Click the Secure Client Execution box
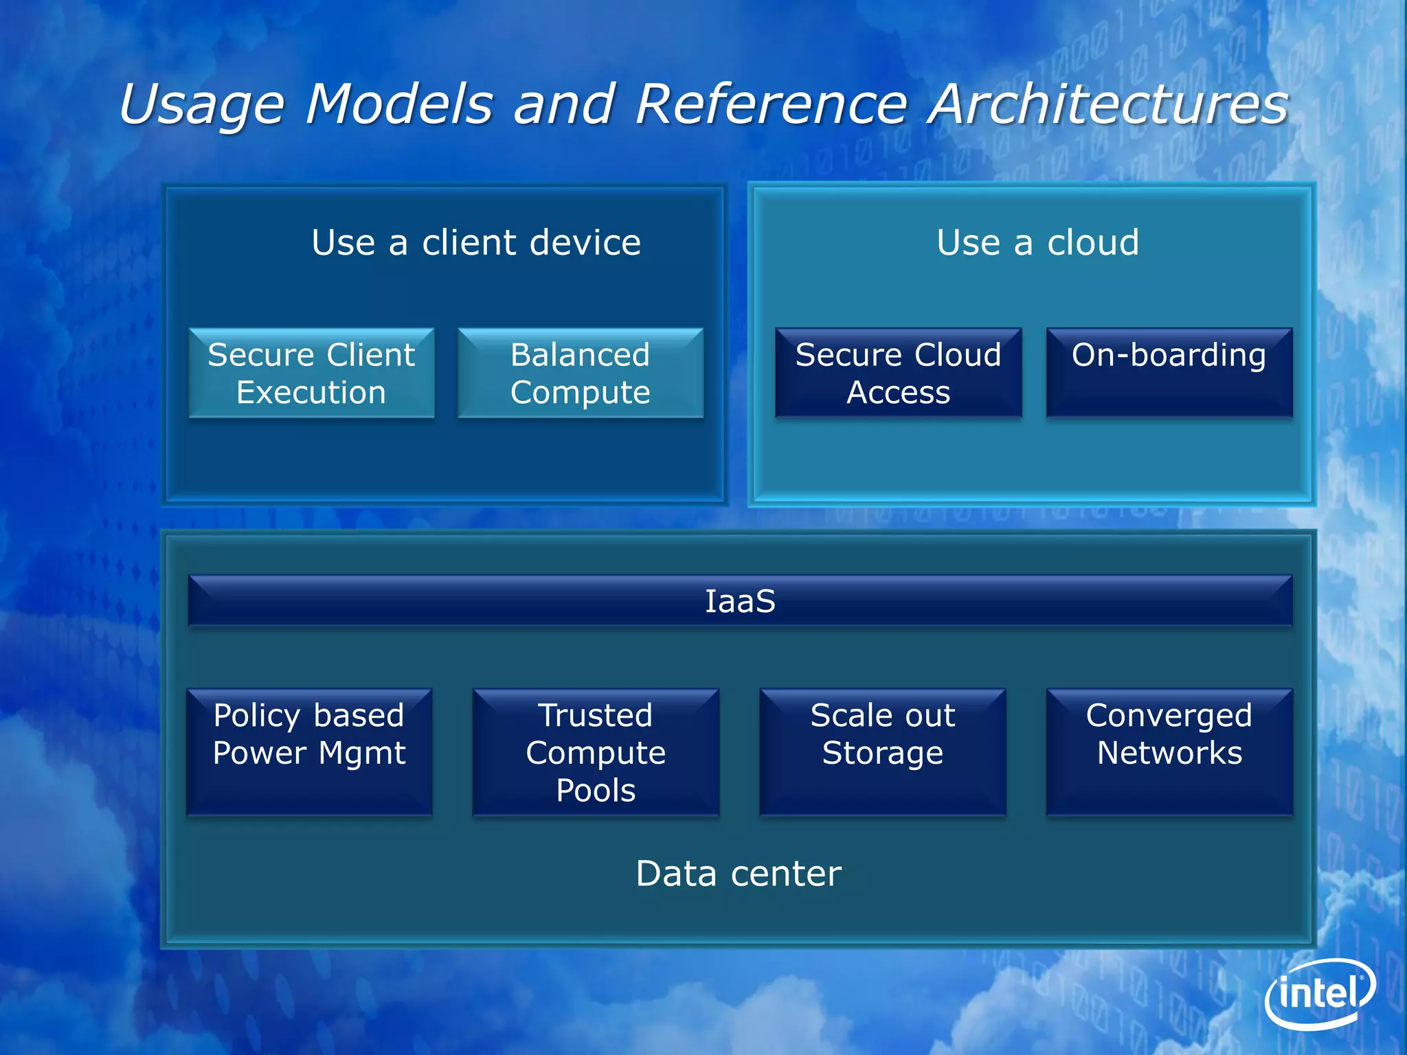coord(311,373)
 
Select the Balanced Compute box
coord(581,373)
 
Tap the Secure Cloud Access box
coord(898,373)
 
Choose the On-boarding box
coord(1169,373)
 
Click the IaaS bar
coord(740,601)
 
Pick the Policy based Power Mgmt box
coord(309,752)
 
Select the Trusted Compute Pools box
coord(596,752)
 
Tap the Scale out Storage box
coord(882,752)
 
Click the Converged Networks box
coord(1169,752)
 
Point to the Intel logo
coord(1320,994)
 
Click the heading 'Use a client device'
coord(476,242)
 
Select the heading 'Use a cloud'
coord(1037,242)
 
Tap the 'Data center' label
coord(739,874)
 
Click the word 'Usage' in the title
coord(201,105)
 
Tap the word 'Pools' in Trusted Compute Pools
coord(596,791)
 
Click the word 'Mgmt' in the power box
coord(362,753)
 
